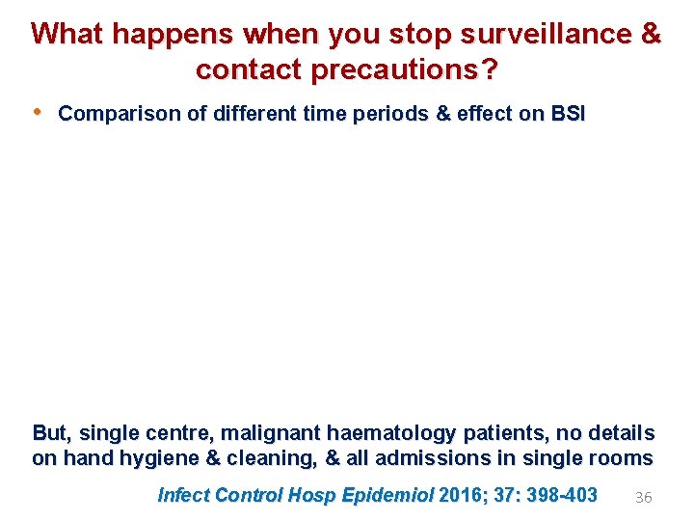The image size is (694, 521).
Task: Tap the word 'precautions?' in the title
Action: [x=404, y=70]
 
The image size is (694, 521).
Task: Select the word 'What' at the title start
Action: [x=68, y=34]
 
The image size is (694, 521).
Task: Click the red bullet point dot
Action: [x=38, y=112]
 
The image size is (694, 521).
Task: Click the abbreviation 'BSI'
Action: [x=567, y=114]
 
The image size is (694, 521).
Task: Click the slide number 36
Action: [x=643, y=497]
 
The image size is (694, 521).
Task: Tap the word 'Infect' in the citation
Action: [x=183, y=496]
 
